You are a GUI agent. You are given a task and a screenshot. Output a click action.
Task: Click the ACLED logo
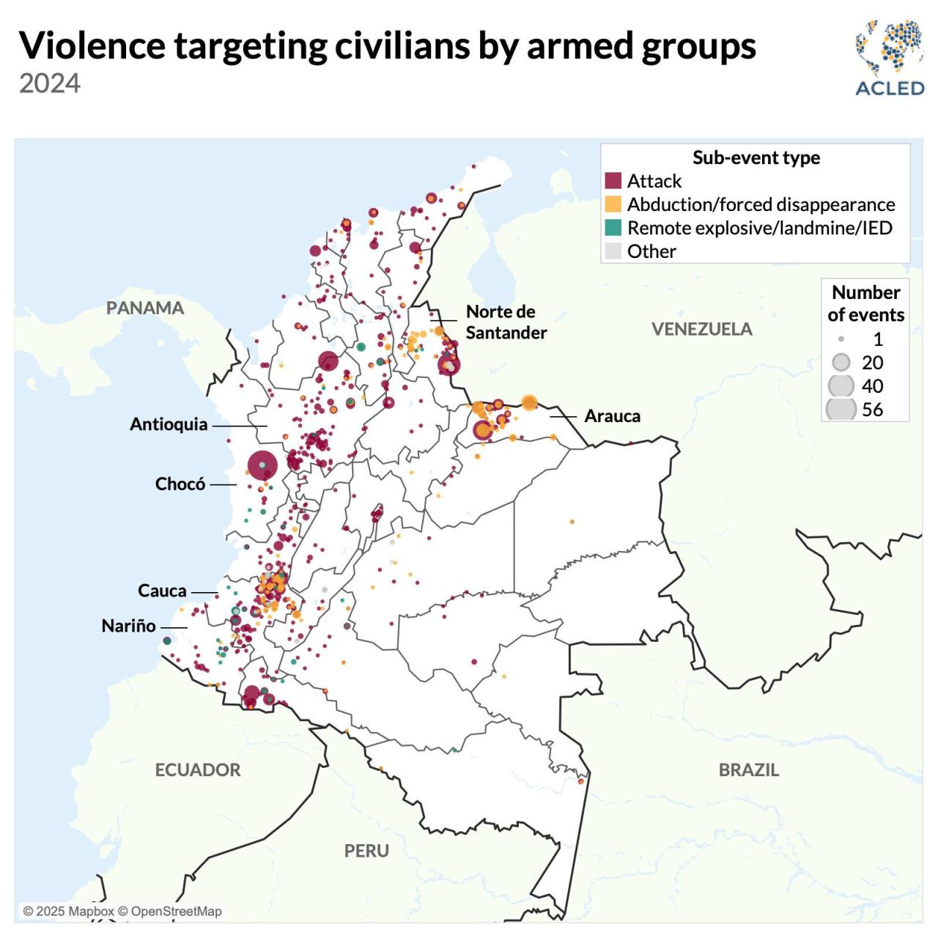tap(889, 59)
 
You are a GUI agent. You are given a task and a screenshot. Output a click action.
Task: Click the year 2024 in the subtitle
tap(50, 84)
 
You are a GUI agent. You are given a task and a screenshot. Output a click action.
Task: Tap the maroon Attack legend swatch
tap(613, 181)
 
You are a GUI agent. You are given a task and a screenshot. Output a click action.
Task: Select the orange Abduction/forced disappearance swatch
tap(613, 204)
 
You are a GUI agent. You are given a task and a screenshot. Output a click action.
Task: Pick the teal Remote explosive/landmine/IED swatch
tap(613, 228)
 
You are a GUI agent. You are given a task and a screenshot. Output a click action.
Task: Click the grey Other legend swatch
tap(613, 251)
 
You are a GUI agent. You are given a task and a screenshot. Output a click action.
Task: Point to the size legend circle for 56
tap(841, 409)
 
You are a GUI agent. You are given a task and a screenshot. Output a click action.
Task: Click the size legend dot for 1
tap(841, 339)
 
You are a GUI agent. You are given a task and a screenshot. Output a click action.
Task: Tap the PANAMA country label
tap(145, 308)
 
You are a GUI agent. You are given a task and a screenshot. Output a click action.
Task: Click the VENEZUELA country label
tap(701, 329)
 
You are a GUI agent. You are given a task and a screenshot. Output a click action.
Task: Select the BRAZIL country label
tap(748, 769)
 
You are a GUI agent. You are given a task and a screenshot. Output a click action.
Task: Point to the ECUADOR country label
tap(198, 769)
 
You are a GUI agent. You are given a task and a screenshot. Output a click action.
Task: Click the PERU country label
tap(366, 851)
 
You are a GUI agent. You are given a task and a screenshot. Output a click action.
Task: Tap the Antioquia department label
tap(169, 424)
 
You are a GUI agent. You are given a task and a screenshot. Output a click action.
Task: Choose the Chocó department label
tap(180, 484)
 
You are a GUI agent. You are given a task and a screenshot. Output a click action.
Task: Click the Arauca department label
tap(612, 416)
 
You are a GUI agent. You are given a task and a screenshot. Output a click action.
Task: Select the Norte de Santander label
tap(506, 322)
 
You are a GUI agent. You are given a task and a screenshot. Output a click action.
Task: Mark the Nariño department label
tap(129, 626)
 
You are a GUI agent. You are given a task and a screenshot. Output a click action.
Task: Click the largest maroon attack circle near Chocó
tap(262, 465)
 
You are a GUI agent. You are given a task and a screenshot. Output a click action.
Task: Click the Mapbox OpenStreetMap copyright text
tap(122, 911)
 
